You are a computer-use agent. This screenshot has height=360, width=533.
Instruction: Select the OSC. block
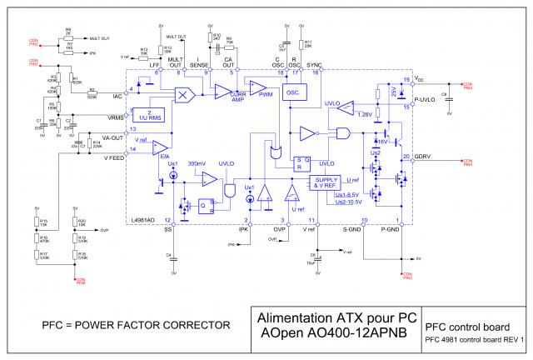(292, 93)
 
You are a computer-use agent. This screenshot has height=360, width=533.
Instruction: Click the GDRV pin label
(423, 157)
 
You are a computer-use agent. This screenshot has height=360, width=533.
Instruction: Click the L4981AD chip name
(144, 219)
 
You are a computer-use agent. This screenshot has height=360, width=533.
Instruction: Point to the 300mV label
(197, 163)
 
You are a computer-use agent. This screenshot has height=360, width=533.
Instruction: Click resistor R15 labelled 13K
(38, 222)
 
